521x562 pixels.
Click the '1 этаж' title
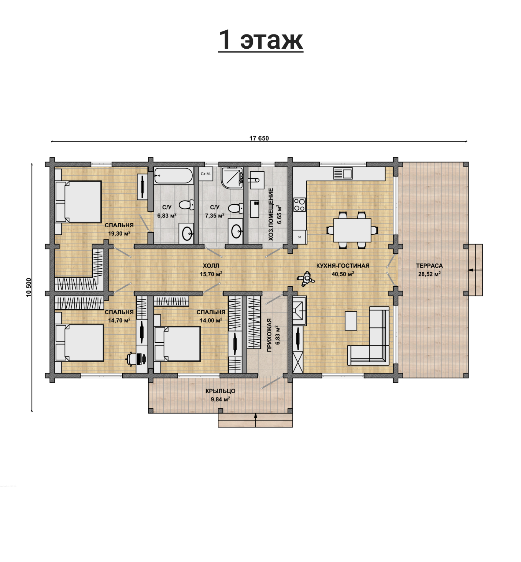pyautogui.click(x=260, y=40)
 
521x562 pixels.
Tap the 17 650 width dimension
pyautogui.click(x=259, y=138)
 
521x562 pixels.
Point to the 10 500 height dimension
pyautogui.click(x=29, y=287)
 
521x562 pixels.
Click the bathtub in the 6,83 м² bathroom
pyautogui.click(x=173, y=176)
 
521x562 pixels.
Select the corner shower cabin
pyautogui.click(x=232, y=178)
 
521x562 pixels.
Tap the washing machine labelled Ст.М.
pyautogui.click(x=206, y=174)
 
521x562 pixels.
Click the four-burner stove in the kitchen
pyautogui.click(x=299, y=205)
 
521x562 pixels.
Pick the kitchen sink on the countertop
pyautogui.click(x=343, y=173)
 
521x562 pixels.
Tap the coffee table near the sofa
pyautogui.click(x=351, y=321)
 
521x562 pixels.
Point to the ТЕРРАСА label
pyautogui.click(x=429, y=266)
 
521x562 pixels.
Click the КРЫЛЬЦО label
pyautogui.click(x=220, y=391)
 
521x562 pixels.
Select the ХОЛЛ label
pyautogui.click(x=211, y=266)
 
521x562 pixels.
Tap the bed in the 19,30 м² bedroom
pyautogui.click(x=78, y=202)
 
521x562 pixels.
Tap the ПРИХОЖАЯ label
pyautogui.click(x=269, y=335)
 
